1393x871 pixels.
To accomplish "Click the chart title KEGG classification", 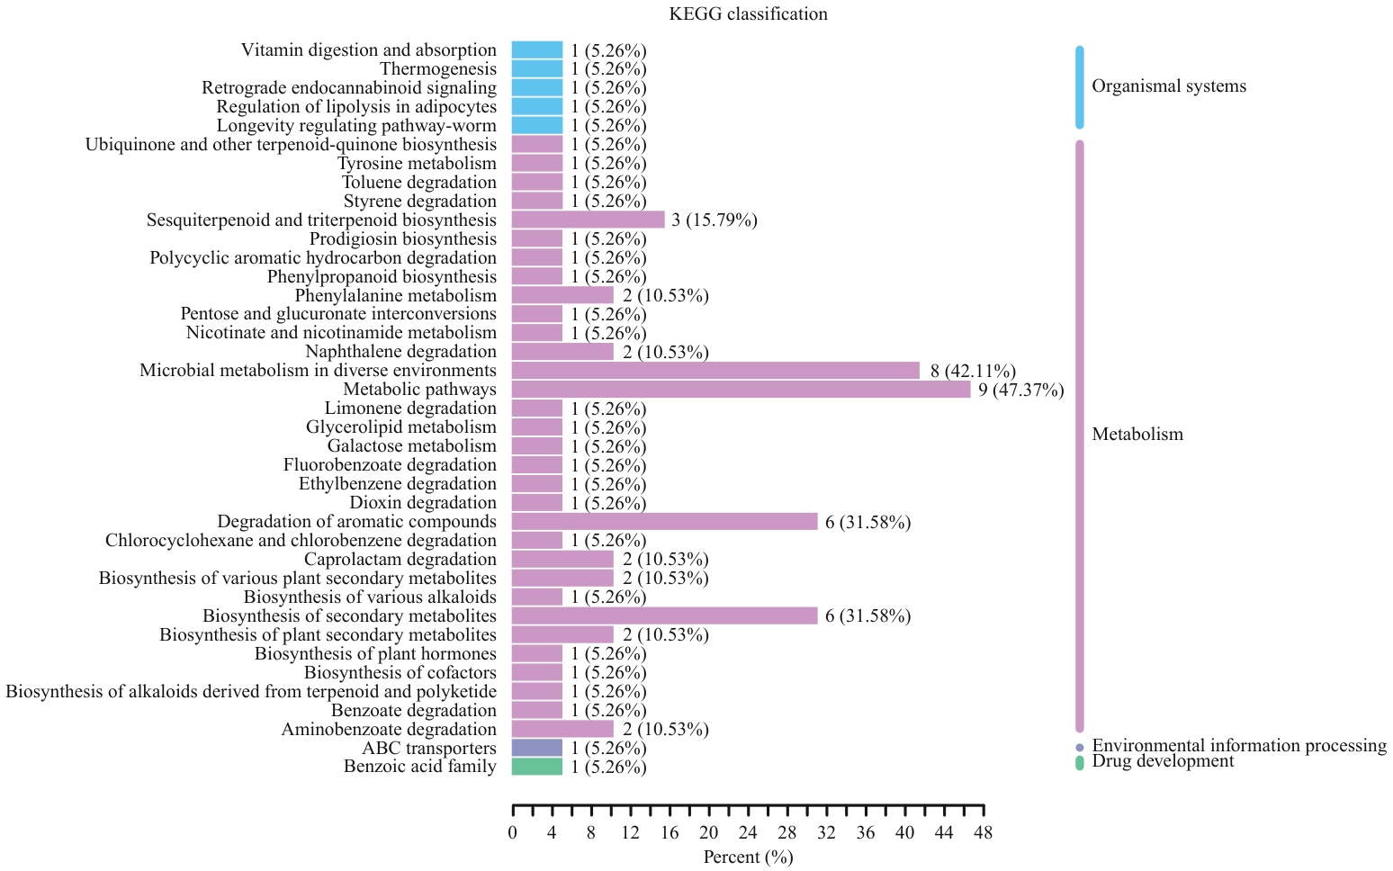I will coord(748,14).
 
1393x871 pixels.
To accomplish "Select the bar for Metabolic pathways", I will coord(741,390).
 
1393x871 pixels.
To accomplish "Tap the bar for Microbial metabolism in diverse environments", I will coord(715,371).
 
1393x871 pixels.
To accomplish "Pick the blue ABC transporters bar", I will coord(537,748).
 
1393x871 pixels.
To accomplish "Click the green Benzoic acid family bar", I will coord(537,767).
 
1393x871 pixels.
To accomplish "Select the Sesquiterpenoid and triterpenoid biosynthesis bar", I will coord(588,220).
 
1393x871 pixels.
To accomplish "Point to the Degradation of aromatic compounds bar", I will coord(664,522).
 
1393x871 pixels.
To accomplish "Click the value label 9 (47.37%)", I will coord(1020,391).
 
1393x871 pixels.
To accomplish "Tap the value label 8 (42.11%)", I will coord(973,372).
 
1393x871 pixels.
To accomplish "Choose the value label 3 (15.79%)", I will coord(714,220).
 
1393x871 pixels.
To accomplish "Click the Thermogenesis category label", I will coord(437,69).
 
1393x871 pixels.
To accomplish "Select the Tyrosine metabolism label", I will coord(417,164).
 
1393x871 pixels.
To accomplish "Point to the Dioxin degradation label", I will coord(423,503).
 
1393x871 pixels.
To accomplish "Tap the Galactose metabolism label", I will coord(411,446).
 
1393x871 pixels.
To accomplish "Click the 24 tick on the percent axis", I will coord(748,832).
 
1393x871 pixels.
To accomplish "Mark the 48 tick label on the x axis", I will coord(983,832).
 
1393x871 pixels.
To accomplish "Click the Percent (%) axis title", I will coord(748,857).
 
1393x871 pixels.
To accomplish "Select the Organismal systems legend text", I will coord(1169,86).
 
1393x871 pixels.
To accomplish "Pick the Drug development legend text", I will coord(1163,761).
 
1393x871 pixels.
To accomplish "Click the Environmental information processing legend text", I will coord(1238,746).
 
